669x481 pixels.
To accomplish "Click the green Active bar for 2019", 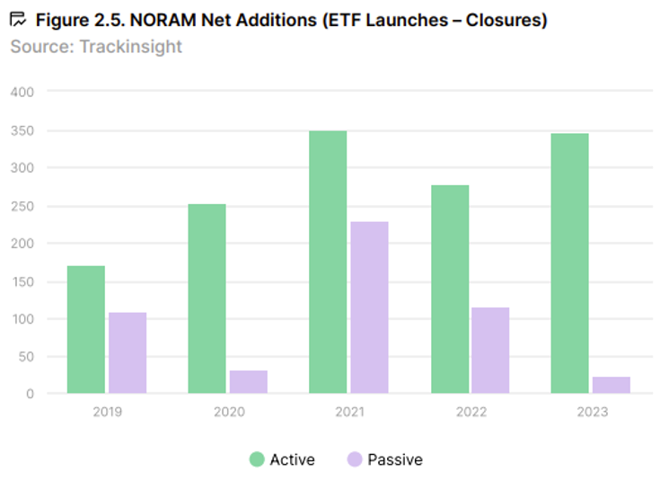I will pyautogui.click(x=86, y=329).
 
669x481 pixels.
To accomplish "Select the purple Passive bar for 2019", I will pyautogui.click(x=128, y=352).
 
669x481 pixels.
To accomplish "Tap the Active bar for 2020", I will pyautogui.click(x=207, y=298).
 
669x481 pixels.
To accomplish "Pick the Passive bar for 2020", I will pyautogui.click(x=249, y=382).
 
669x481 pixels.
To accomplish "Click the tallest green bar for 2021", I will pyautogui.click(x=328, y=262).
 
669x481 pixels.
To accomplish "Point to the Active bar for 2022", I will pyautogui.click(x=449, y=289).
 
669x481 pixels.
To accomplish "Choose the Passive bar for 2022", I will pyautogui.click(x=490, y=350).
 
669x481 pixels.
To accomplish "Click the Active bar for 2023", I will pyautogui.click(x=570, y=263).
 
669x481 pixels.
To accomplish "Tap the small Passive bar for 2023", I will pyautogui.click(x=612, y=385).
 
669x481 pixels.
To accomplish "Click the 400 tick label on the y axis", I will pyautogui.click(x=22, y=92).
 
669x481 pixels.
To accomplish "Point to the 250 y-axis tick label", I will pyautogui.click(x=22, y=206).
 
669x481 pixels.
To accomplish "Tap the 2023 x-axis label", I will pyautogui.click(x=591, y=412).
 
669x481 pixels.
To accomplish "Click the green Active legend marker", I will pyautogui.click(x=257, y=459).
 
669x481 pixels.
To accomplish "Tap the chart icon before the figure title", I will pyautogui.click(x=18, y=20).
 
